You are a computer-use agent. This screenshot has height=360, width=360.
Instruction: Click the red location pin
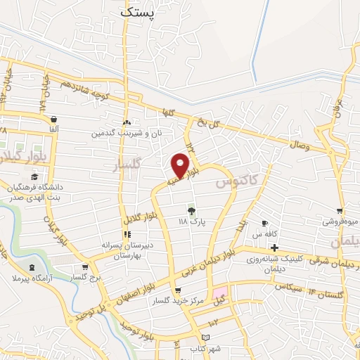180,166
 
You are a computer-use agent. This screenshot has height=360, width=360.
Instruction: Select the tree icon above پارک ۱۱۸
191,210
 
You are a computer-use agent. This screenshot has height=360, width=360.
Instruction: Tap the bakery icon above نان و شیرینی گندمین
127,122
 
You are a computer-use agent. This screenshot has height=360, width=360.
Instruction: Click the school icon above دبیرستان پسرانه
127,234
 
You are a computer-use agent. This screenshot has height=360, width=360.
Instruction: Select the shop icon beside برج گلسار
85,267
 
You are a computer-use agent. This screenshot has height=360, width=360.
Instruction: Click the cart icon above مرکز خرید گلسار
177,291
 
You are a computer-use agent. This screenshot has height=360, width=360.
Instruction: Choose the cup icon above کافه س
264,223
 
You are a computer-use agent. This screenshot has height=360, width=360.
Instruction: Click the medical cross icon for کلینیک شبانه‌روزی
274,247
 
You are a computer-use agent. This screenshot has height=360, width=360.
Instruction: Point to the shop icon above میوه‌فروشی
340,210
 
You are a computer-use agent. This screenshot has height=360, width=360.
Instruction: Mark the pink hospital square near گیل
221,291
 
